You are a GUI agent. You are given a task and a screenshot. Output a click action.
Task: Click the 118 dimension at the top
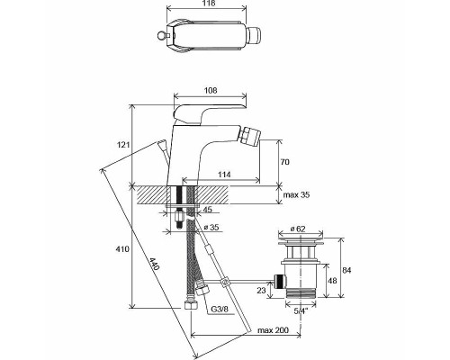207,3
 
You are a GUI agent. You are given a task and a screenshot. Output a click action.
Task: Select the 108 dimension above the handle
210,90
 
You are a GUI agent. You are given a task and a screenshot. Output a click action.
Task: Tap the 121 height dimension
123,145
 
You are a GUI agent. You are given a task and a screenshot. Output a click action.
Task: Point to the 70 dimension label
285,162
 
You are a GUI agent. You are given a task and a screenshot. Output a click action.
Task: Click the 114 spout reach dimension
224,175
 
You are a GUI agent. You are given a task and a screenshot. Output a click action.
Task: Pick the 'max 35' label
297,195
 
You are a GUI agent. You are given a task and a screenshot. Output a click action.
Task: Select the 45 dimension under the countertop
207,210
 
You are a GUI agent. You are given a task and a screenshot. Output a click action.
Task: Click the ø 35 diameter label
211,227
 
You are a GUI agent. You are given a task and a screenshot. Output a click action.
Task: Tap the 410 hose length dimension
123,249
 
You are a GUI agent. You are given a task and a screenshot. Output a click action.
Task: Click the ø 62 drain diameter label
298,229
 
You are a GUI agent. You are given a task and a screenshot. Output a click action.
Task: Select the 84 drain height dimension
346,270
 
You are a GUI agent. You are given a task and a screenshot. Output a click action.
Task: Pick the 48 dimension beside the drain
332,281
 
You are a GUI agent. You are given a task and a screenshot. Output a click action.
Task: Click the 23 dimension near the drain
262,291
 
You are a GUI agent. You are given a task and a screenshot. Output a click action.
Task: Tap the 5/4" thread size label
301,311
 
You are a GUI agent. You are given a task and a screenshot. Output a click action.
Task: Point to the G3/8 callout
222,309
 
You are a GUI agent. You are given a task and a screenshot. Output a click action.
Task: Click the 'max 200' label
273,330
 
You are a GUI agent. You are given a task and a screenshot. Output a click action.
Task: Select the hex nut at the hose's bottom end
191,304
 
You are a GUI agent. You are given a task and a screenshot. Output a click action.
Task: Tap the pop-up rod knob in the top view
161,36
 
